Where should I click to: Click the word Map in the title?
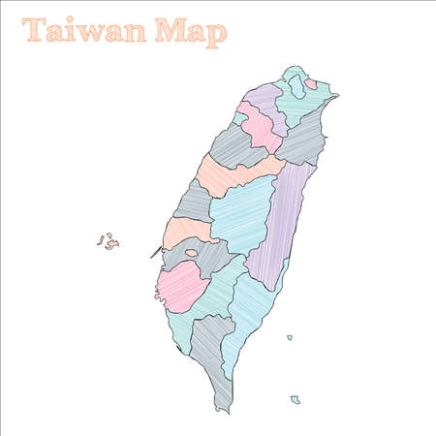pyautogui.click(x=191, y=32)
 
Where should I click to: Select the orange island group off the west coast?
pyautogui.click(x=109, y=241)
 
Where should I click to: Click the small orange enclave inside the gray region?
pyautogui.click(x=192, y=253)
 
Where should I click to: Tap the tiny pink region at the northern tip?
pyautogui.click(x=310, y=84)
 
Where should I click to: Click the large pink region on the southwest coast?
pyautogui.click(x=181, y=286)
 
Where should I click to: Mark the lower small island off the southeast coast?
pyautogui.click(x=296, y=399)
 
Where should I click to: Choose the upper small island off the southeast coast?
pyautogui.click(x=289, y=337)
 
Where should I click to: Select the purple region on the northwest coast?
pyautogui.click(x=265, y=100)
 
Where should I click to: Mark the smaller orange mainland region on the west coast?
pyautogui.click(x=186, y=231)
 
